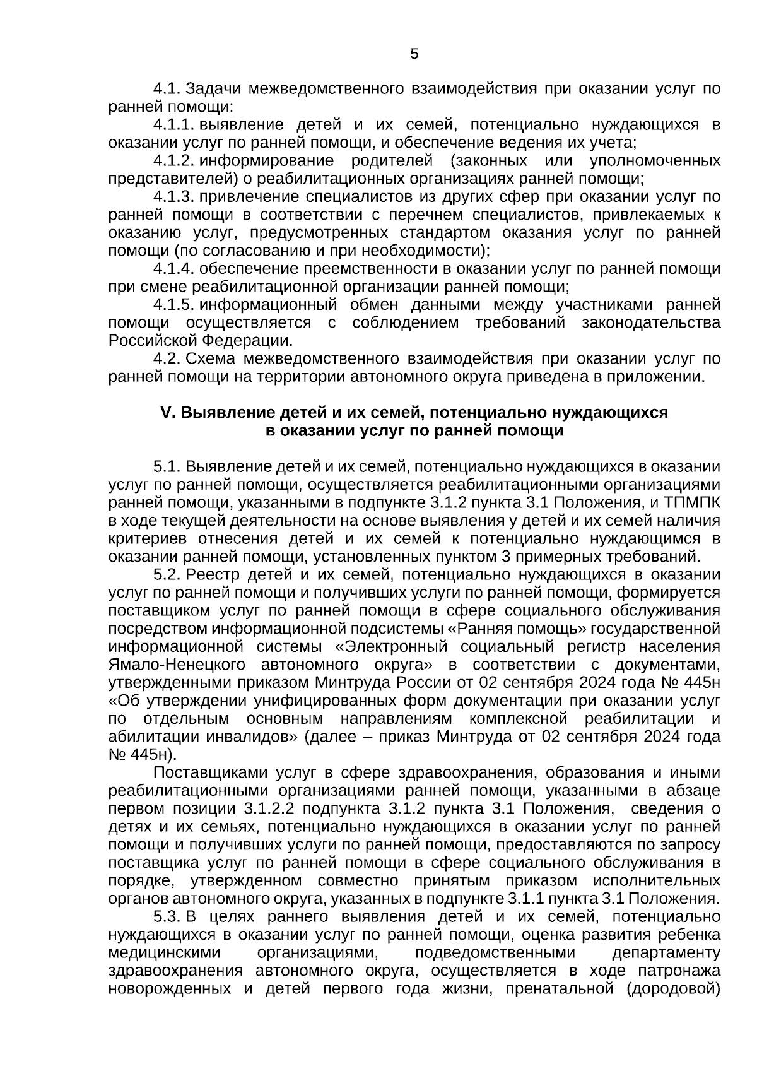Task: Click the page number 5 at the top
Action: (x=414, y=54)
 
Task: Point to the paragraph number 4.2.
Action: (x=167, y=359)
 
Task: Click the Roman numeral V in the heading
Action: (x=166, y=413)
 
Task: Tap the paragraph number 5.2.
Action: (x=167, y=575)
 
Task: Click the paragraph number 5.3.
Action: (x=167, y=916)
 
